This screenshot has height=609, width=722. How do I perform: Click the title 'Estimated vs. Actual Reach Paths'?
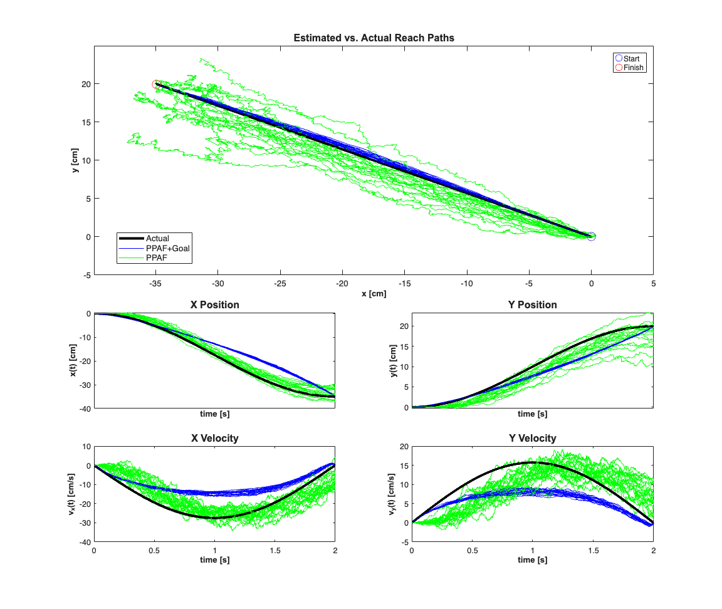(x=374, y=38)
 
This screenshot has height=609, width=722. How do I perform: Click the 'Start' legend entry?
(x=630, y=58)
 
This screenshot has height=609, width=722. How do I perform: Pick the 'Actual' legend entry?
(x=157, y=239)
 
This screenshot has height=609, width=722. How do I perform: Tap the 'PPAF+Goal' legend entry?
(x=167, y=248)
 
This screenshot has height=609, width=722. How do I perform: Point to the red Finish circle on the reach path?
(x=156, y=84)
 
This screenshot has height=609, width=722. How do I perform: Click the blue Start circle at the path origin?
(x=591, y=236)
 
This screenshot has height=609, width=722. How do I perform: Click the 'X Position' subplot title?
(x=214, y=305)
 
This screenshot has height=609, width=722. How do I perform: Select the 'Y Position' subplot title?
(x=531, y=305)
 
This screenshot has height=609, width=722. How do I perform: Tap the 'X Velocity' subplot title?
(x=214, y=439)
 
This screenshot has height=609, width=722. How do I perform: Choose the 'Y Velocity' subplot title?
(x=531, y=439)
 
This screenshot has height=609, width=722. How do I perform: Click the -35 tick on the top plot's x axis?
(x=155, y=283)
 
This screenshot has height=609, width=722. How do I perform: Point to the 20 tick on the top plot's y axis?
(x=86, y=84)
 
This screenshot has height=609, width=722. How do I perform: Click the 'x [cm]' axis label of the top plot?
(x=374, y=293)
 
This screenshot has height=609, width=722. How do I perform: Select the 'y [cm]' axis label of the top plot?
(x=75, y=160)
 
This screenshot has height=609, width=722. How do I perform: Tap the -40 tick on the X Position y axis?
(x=84, y=409)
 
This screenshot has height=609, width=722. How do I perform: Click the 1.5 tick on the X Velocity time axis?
(x=275, y=549)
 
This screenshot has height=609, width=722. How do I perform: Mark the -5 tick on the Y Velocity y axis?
(x=403, y=542)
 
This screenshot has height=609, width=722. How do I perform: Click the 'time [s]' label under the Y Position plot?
(x=532, y=414)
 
